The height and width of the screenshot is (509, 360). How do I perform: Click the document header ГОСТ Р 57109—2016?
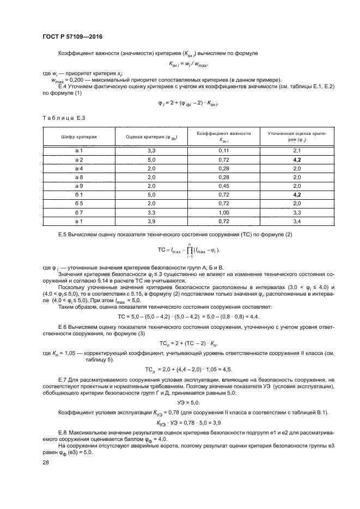(x=72, y=36)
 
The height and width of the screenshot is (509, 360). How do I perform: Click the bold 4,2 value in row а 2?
(x=297, y=160)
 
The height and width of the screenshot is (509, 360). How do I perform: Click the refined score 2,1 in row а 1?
(x=297, y=150)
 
